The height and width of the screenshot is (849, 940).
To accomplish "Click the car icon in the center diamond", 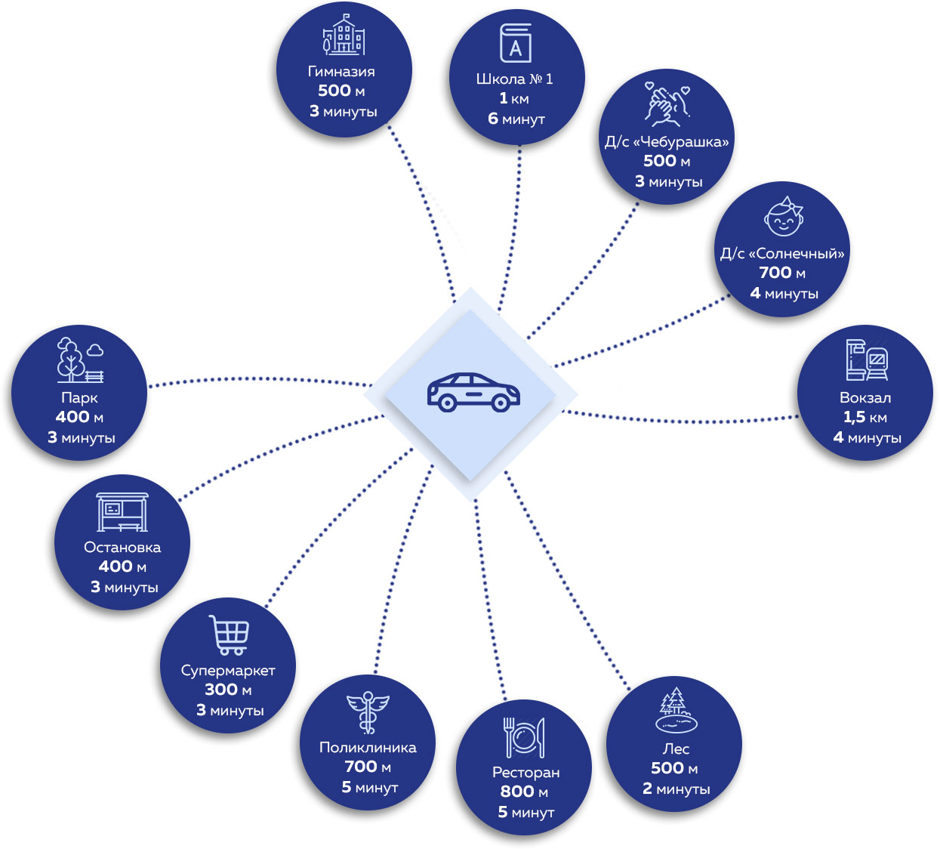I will point(473,392).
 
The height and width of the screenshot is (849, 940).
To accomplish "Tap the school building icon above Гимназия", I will point(344,36).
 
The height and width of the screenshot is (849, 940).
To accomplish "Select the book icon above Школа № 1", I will point(516,43).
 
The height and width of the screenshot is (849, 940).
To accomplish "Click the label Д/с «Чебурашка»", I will point(667,141).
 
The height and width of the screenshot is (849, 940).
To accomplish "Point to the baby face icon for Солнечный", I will point(783,218).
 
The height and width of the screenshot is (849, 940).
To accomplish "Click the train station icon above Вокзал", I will point(866,360).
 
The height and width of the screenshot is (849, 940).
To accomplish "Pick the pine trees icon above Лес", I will point(675,710).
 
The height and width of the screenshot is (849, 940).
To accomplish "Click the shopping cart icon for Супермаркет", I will point(230,635).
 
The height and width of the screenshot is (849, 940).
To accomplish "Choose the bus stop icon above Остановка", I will point(122,512).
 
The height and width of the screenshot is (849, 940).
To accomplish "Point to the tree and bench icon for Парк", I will point(79,360).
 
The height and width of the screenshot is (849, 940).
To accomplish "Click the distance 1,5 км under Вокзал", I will point(865,417).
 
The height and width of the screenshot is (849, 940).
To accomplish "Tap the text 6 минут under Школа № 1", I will point(516,119).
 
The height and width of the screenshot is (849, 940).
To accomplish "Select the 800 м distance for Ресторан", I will point(524,792).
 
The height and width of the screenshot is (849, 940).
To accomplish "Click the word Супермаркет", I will point(228,670).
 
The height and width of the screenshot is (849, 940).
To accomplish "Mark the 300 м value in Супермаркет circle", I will point(228,690).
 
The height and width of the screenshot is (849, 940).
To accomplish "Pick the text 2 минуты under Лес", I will point(676,789).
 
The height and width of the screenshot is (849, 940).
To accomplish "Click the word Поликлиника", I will point(368,747).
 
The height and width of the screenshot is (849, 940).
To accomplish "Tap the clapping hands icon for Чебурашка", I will point(667,103).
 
